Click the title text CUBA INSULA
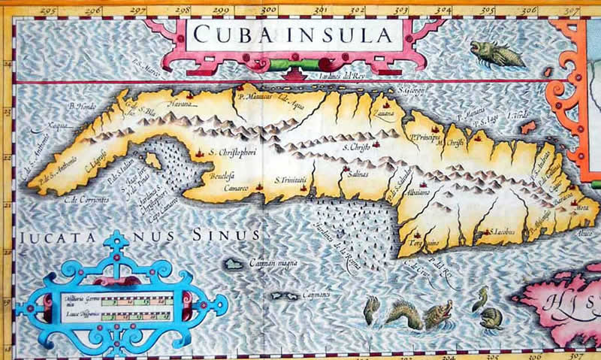point(292,35)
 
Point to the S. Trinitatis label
point(291,180)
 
